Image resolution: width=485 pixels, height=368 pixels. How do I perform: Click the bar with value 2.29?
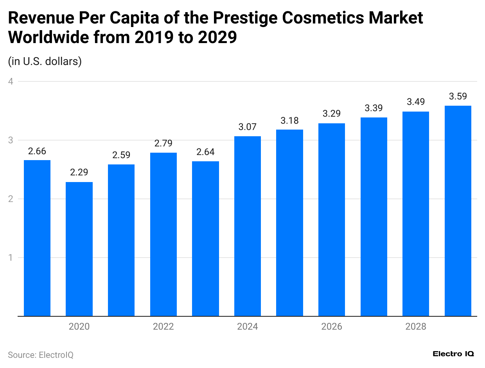point(79,249)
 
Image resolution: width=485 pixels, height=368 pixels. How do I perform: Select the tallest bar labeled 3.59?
point(458,211)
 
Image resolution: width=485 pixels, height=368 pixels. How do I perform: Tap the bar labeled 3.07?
point(247,226)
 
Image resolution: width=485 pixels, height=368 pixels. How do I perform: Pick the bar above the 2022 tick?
point(163,234)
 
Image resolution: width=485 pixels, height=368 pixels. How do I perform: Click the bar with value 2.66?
point(37,238)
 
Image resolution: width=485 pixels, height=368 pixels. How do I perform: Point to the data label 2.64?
point(205,152)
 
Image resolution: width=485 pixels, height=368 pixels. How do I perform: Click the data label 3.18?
point(289,120)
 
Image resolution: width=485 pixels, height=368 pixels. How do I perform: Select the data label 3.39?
point(374,108)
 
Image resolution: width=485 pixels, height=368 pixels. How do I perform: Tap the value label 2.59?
point(121,155)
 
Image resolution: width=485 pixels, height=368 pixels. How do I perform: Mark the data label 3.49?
point(416,102)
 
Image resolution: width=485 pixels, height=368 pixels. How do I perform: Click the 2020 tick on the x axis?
point(79,327)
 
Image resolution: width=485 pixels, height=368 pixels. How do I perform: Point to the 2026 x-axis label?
point(331,327)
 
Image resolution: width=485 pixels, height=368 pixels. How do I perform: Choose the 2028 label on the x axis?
point(416,327)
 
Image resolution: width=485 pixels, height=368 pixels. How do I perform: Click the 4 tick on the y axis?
point(11,81)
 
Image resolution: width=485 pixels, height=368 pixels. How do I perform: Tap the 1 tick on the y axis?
point(11,258)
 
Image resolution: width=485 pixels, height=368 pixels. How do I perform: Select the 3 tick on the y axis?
point(11,140)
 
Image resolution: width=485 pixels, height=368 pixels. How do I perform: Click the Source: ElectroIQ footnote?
point(41,355)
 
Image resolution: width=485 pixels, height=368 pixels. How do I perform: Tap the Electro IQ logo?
point(453,354)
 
